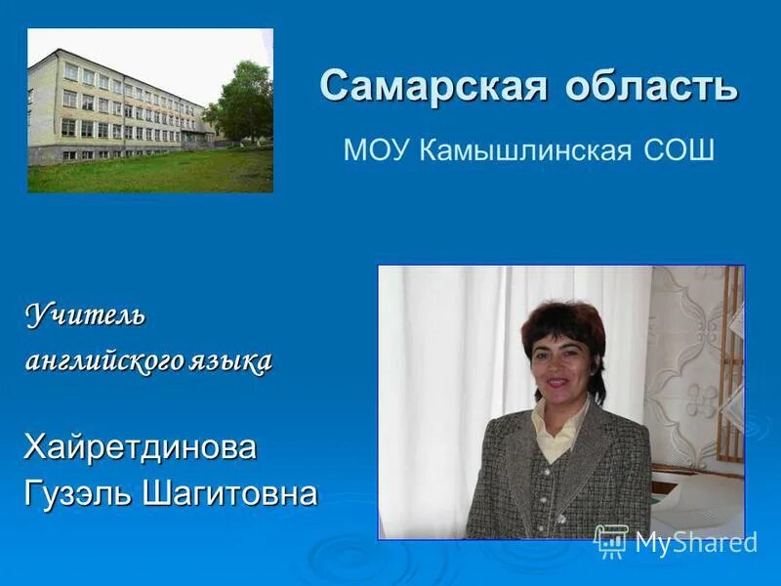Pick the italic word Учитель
[85, 315]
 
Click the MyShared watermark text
[696, 543]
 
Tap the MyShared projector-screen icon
[611, 541]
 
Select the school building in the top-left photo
[112, 107]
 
